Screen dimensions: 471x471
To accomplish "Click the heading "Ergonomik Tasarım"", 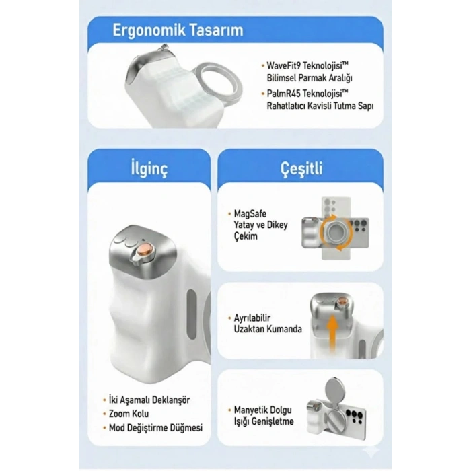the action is (178, 31).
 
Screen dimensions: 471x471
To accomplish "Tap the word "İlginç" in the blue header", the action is (149, 169).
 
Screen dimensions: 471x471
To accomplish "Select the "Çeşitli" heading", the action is (301, 168).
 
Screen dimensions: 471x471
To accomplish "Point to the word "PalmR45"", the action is (283, 94).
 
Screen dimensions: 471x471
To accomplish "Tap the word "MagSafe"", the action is (250, 214).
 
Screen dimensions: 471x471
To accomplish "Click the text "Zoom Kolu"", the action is (129, 414).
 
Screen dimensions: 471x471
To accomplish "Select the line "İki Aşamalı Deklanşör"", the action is (149, 400).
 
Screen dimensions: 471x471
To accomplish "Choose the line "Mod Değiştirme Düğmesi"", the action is (155, 428).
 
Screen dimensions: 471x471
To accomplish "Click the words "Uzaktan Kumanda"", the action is (268, 329).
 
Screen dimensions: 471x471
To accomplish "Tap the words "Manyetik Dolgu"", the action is (263, 410).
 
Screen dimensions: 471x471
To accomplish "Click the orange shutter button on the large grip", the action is (144, 250).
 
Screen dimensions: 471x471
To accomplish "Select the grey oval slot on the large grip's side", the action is (191, 314).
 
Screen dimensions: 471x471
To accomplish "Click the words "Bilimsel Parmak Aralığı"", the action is (310, 79).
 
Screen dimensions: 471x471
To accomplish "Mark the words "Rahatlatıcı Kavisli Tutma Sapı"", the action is (320, 106).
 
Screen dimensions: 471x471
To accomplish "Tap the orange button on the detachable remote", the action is (342, 301).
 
